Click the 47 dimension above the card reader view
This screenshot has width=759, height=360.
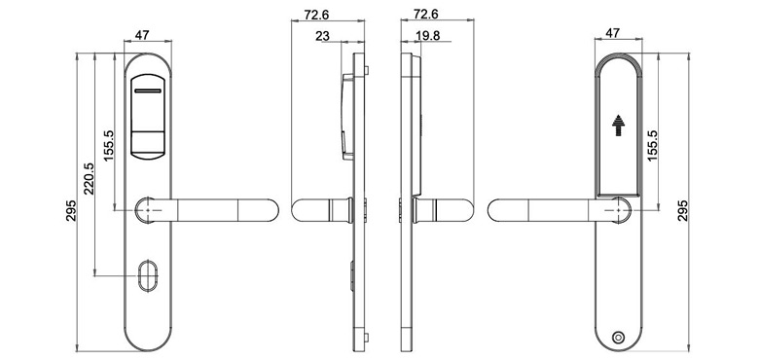click(x=141, y=35)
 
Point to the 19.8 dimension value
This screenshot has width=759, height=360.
click(x=427, y=37)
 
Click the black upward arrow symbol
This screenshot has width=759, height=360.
click(x=617, y=126)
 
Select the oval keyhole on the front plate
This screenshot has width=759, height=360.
click(x=148, y=276)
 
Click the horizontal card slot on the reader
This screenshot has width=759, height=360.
click(x=148, y=90)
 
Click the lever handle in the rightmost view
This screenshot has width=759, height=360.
click(x=545, y=209)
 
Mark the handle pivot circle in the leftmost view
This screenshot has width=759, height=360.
click(x=147, y=209)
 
